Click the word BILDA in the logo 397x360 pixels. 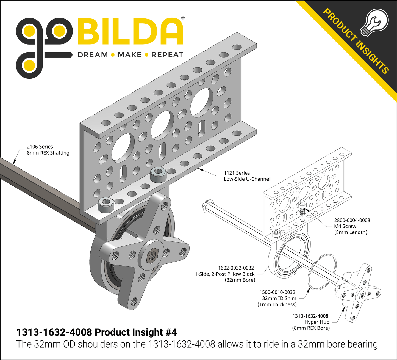pyautogui.click(x=130, y=31)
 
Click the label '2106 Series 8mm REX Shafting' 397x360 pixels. pyautogui.click(x=48, y=150)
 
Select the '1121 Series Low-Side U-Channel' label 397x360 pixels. pyautogui.click(x=247, y=176)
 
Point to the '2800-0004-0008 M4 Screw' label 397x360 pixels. pyautogui.click(x=352, y=226)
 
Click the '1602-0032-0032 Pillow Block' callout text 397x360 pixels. pyautogui.click(x=225, y=274)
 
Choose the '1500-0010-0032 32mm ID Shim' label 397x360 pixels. pyautogui.click(x=277, y=298)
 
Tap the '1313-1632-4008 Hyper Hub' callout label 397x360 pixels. pyautogui.click(x=311, y=322)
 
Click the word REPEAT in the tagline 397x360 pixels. pyautogui.click(x=167, y=55)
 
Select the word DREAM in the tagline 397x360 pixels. pyautogui.click(x=93, y=55)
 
